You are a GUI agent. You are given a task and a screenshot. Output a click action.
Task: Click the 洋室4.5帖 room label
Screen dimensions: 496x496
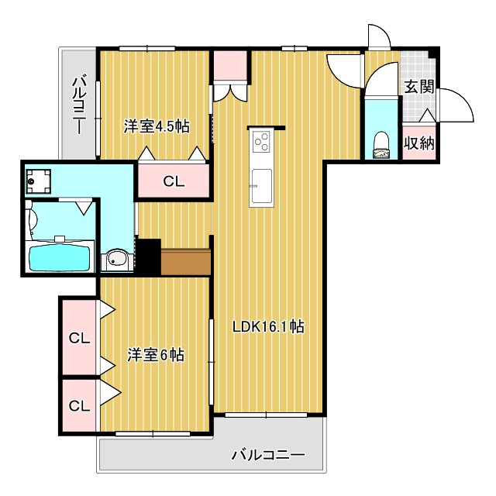(x=157, y=126)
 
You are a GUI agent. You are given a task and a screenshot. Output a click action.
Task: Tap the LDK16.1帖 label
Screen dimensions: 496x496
(x=268, y=327)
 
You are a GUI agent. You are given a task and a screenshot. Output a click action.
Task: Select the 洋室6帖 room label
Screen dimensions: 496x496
(x=155, y=355)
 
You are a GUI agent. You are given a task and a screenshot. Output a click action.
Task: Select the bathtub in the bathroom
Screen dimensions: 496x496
(x=60, y=256)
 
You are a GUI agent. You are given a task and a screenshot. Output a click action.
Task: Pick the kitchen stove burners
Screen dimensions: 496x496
(x=261, y=142)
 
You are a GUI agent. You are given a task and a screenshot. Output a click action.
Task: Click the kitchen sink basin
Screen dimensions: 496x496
(x=261, y=184)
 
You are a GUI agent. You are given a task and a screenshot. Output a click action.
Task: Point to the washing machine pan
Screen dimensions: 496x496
(x=37, y=183)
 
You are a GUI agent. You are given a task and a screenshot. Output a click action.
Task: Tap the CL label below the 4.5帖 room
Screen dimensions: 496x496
(x=174, y=182)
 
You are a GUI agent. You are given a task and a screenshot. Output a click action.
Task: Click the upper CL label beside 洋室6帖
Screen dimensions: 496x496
(x=79, y=338)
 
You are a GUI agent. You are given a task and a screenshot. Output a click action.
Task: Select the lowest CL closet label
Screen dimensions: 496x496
(x=79, y=405)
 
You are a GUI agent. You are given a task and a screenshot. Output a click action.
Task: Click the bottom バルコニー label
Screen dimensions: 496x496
(x=268, y=454)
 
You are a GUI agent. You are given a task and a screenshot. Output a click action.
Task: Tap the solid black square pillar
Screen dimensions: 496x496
(x=148, y=256)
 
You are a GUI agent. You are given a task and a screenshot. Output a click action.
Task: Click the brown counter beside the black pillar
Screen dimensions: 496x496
(x=186, y=262)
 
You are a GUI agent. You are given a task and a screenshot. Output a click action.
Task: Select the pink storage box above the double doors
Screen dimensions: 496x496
(x=230, y=66)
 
